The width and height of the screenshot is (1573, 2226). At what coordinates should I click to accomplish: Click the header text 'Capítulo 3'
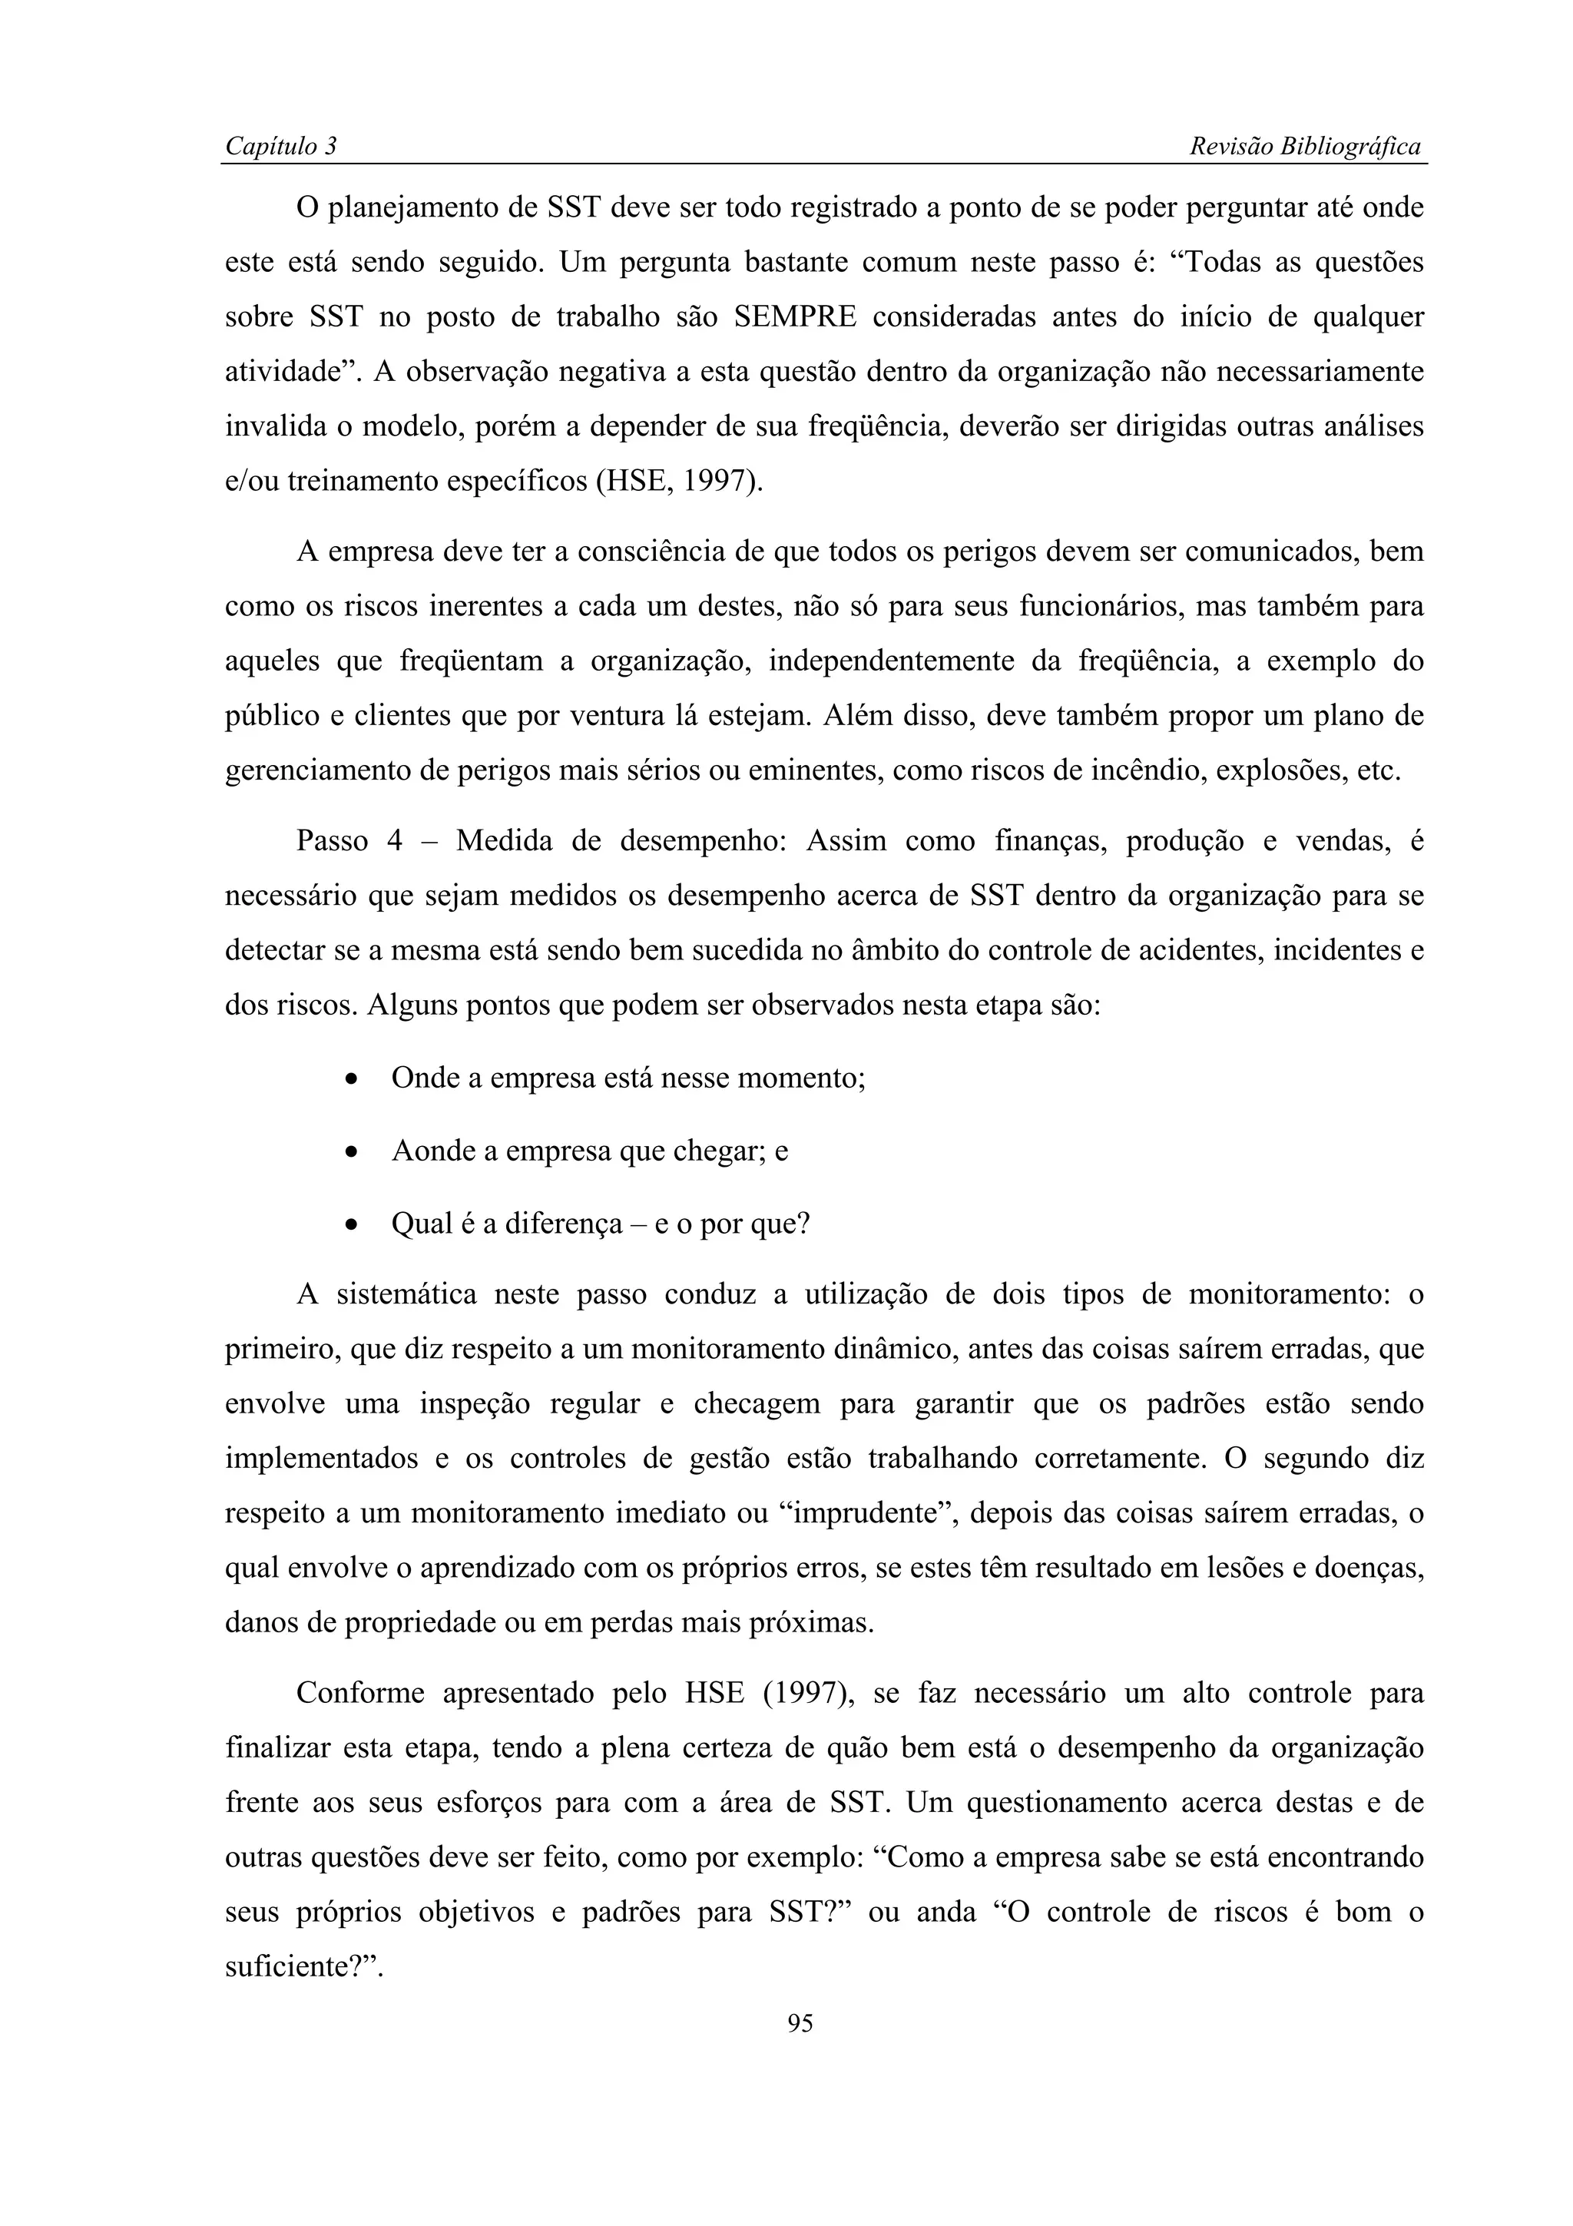280,147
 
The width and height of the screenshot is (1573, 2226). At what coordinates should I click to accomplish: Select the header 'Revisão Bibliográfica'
1304,147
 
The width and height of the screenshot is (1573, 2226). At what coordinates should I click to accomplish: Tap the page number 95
800,2022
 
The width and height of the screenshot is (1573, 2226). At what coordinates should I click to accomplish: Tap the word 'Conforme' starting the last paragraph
359,1694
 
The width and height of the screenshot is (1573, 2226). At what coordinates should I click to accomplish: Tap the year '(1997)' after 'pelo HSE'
807,1694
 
